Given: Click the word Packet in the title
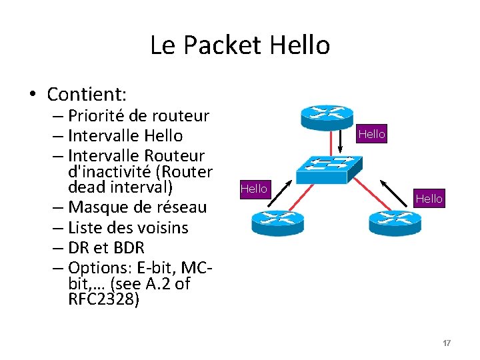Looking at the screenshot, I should click(x=223, y=45).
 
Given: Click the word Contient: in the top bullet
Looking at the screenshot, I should click(x=87, y=93).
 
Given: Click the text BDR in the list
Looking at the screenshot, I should click(x=129, y=248).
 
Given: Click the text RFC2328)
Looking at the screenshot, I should click(x=104, y=300).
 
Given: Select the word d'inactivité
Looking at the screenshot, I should click(x=111, y=171).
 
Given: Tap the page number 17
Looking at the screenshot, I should click(x=447, y=343).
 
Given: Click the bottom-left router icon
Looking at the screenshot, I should click(x=277, y=222).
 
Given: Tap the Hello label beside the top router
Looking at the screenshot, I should click(x=371, y=134).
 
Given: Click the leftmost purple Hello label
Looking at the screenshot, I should click(x=253, y=189).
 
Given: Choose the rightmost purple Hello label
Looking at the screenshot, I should click(x=428, y=198).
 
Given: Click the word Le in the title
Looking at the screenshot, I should click(x=162, y=45).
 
